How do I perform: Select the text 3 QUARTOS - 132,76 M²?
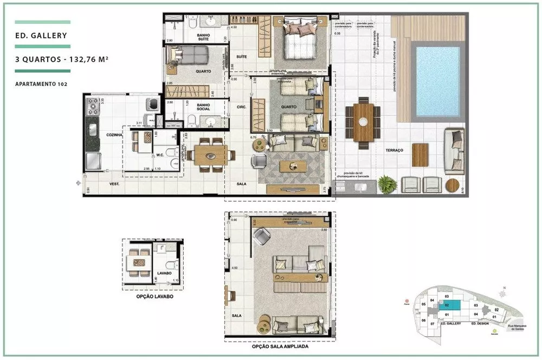tap(59, 60)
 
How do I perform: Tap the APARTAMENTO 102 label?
tap(41, 84)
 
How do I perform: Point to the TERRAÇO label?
tap(394, 150)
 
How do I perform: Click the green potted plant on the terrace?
tap(387, 184)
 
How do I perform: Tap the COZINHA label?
tap(99, 134)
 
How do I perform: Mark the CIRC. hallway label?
tap(242, 107)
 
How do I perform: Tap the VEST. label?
tap(114, 184)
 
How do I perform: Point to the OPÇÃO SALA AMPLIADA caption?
tap(280, 346)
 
